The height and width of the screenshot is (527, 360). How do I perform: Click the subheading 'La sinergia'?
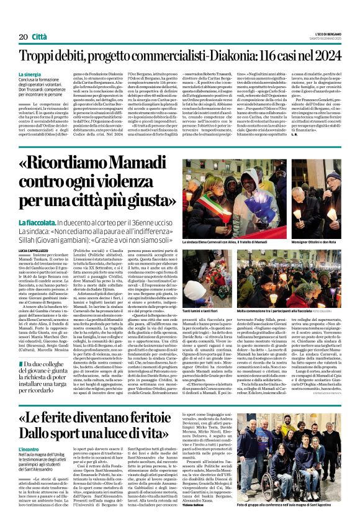click(x=47, y=74)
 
